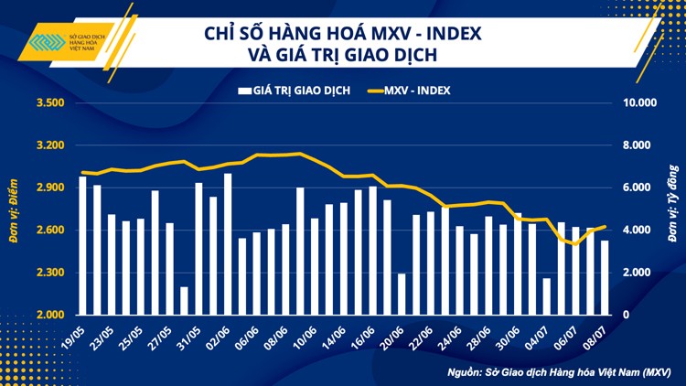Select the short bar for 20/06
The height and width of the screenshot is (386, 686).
pyautogui.click(x=401, y=294)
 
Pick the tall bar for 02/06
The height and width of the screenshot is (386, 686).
pyautogui.click(x=228, y=243)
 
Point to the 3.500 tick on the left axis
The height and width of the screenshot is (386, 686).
pyautogui.click(x=49, y=103)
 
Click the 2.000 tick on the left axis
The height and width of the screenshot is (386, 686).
pyautogui.click(x=49, y=315)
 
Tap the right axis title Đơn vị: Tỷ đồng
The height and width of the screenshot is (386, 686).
pyautogui.click(x=672, y=209)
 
